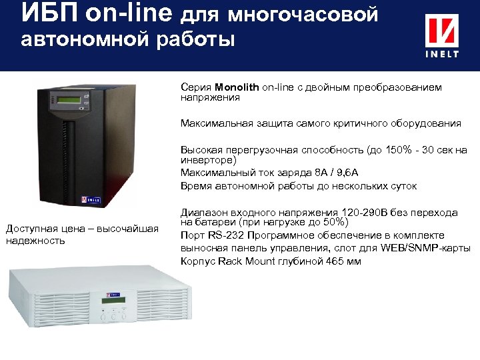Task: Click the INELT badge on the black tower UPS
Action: [x=91, y=199]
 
